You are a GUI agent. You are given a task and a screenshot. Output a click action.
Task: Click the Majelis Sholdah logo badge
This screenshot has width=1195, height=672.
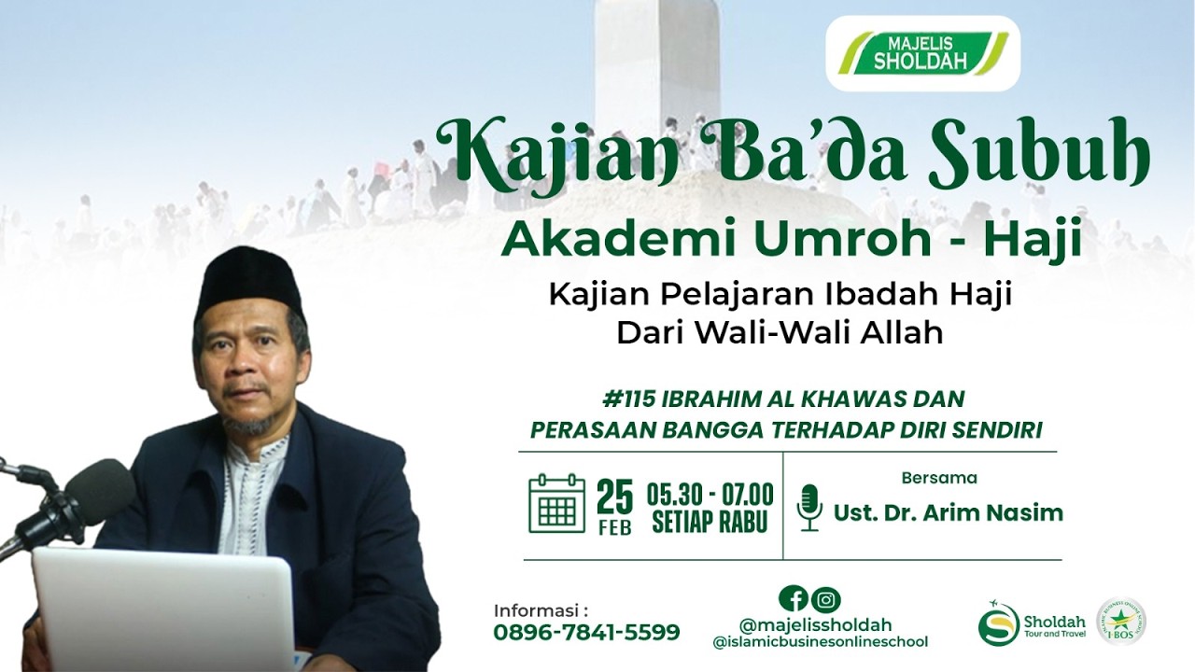pyautogui.click(x=922, y=53)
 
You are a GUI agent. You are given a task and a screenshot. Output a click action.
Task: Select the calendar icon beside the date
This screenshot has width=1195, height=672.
pyautogui.click(x=556, y=504)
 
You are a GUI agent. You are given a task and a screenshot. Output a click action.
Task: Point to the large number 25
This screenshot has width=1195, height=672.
pyautogui.click(x=614, y=496)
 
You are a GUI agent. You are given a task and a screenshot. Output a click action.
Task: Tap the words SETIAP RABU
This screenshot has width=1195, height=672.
pyautogui.click(x=710, y=522)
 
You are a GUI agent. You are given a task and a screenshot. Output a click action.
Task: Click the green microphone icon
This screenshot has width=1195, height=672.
pyautogui.click(x=809, y=507)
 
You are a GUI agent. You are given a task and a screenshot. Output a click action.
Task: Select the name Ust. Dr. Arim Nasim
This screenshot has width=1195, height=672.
pyautogui.click(x=948, y=512)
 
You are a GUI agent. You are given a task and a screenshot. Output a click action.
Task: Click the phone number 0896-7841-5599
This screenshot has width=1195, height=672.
pyautogui.click(x=586, y=632)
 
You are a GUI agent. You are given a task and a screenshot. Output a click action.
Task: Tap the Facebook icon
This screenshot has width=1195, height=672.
pyautogui.click(x=793, y=599)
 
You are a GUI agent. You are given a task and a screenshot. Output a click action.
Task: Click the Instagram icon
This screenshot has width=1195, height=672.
pyautogui.click(x=825, y=599)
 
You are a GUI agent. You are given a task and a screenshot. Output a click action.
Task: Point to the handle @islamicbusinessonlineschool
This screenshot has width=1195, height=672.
pyautogui.click(x=820, y=642)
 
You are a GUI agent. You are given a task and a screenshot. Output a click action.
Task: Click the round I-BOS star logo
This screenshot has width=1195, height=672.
pyautogui.click(x=1121, y=622)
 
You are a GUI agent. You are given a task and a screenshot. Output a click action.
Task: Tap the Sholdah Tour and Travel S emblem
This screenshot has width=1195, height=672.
pyautogui.click(x=998, y=623)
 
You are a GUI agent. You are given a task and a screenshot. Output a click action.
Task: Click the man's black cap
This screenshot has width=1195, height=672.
pyautogui.click(x=250, y=279)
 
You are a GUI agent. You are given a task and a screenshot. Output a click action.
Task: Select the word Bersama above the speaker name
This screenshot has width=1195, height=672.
pyautogui.click(x=939, y=478)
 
